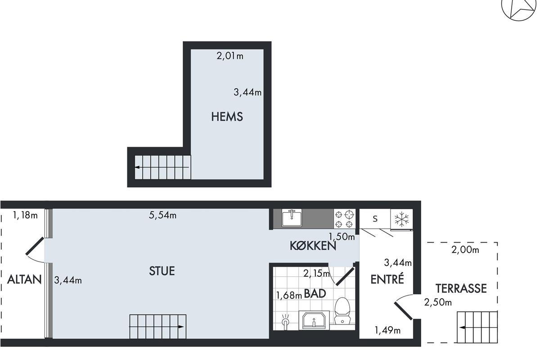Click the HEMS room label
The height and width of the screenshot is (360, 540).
coord(227,117)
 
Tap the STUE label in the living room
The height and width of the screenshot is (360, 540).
coord(162,271)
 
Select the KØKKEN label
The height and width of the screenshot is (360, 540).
coord(313,246)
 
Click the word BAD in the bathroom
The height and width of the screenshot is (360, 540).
coord(315,293)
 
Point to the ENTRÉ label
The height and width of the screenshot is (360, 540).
coord(387,279)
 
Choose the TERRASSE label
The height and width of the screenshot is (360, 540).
coord(461,288)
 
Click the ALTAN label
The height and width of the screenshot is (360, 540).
coord(24,279)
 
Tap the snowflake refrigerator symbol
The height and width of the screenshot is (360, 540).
coord(401,219)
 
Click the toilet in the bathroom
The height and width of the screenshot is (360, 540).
coord(342,310)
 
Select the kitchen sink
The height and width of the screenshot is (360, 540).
coord(292,218)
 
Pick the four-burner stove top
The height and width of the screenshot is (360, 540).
coord(344,219)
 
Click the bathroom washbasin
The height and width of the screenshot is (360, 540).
coord(314,320)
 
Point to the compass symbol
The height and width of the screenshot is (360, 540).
coord(518,9)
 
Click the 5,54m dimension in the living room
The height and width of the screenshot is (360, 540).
coord(162,215)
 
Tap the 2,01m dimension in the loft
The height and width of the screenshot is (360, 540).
coord(230,56)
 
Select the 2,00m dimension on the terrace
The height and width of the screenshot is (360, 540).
coord(465,250)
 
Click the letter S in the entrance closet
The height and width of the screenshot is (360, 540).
coord(375,219)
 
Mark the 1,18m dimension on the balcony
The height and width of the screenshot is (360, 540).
coord(25,215)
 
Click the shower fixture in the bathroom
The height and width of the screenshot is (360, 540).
coord(285,321)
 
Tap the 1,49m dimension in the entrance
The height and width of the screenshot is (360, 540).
coord(387,330)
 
